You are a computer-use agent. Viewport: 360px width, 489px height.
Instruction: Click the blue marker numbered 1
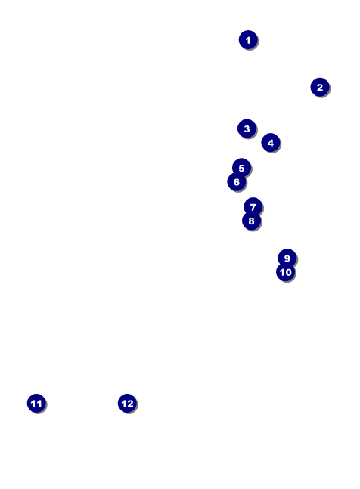(x=248, y=39)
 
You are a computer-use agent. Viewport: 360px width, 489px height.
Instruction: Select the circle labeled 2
(x=320, y=87)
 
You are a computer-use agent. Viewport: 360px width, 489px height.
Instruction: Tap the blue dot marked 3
(x=247, y=128)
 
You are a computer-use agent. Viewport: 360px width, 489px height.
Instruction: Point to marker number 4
(x=271, y=142)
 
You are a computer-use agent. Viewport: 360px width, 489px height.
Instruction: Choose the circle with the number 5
(x=241, y=168)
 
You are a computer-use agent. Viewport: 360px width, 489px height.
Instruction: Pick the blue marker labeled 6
(x=236, y=181)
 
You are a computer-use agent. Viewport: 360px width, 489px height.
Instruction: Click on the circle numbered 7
(x=253, y=206)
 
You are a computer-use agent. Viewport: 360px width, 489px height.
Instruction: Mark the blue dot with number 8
(x=251, y=221)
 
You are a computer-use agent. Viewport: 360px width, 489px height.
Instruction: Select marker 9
(x=287, y=258)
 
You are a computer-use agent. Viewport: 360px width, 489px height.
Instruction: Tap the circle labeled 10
(x=285, y=272)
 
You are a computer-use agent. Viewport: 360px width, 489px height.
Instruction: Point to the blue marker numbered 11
(x=36, y=403)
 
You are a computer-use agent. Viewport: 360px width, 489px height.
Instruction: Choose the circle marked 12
(x=127, y=403)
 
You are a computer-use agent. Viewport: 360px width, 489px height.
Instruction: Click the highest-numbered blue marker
(x=127, y=403)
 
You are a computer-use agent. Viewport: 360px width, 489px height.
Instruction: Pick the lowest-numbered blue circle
(x=248, y=39)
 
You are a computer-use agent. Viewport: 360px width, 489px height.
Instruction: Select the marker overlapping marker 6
(x=241, y=168)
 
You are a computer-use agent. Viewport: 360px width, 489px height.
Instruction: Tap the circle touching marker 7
(x=251, y=221)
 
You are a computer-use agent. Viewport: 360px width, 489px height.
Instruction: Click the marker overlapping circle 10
(x=287, y=258)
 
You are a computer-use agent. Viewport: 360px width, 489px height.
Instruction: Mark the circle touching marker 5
(x=236, y=181)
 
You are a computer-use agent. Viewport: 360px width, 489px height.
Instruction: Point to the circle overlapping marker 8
(x=253, y=206)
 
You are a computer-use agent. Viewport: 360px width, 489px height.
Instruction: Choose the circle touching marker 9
(x=285, y=272)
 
